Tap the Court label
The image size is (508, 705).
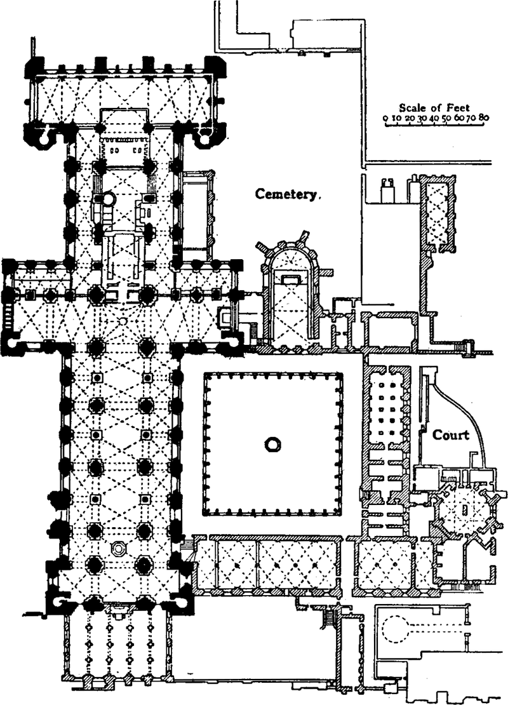point(450,435)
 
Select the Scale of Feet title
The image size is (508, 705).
point(434,108)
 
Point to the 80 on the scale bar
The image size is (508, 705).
point(484,117)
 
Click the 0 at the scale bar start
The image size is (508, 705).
point(385,118)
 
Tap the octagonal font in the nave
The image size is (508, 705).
point(117,548)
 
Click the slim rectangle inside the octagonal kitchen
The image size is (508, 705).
point(464,509)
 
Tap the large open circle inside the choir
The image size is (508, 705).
point(109,199)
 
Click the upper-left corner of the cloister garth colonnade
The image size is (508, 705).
point(205,373)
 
